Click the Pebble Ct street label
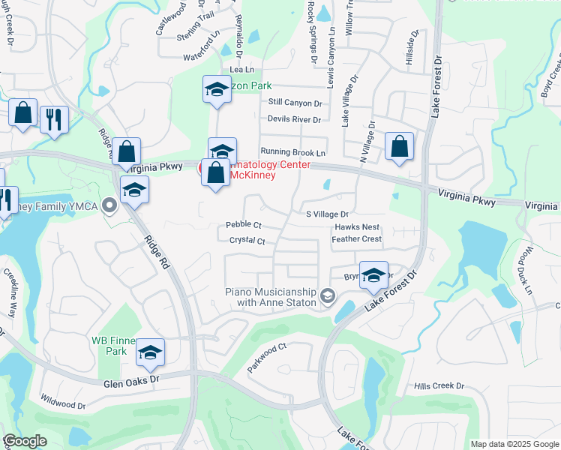click(243, 225)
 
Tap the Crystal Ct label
click(247, 241)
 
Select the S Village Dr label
click(328, 214)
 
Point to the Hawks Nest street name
click(357, 227)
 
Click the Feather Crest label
click(357, 239)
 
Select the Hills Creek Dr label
click(439, 386)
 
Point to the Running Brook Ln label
click(292, 152)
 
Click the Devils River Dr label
click(294, 119)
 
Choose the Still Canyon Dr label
click(295, 103)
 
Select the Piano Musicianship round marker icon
click(327, 297)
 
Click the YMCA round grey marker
click(110, 205)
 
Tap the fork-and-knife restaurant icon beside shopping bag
click(54, 119)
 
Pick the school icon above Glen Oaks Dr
click(150, 351)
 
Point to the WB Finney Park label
click(109, 345)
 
